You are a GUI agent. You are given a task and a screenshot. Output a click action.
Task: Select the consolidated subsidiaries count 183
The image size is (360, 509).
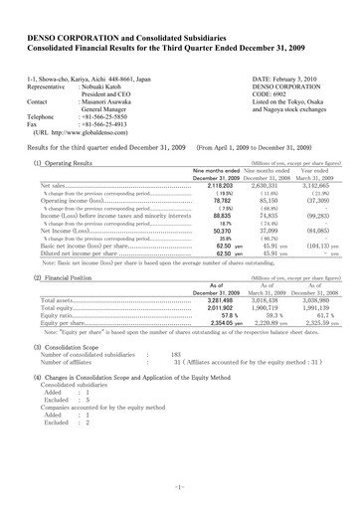[175, 354]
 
